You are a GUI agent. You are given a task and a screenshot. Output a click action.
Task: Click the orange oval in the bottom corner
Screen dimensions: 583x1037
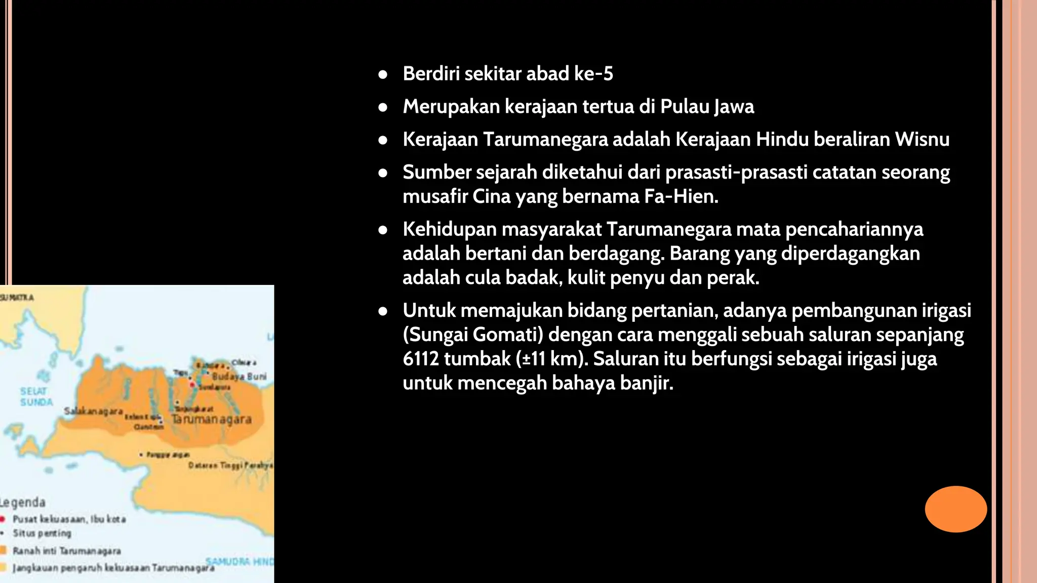tap(955, 509)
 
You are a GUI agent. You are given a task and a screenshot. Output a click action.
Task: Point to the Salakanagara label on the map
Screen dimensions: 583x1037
tap(93, 411)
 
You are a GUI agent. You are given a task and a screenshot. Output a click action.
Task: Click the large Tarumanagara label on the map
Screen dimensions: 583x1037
tap(212, 420)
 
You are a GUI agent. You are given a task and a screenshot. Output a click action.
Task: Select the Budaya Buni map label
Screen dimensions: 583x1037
tap(239, 377)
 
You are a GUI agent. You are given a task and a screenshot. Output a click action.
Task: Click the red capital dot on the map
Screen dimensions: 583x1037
tap(192, 385)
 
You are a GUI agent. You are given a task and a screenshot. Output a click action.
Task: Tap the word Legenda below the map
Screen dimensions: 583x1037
tap(23, 503)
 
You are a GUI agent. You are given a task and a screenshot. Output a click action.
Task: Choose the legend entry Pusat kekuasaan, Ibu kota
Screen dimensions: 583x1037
tap(69, 519)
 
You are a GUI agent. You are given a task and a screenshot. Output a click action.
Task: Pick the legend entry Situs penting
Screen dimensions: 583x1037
tap(42, 533)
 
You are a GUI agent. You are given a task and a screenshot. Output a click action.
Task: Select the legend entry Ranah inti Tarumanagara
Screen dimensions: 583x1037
tap(66, 551)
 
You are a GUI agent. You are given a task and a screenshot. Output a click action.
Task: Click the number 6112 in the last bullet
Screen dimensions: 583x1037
tap(420, 359)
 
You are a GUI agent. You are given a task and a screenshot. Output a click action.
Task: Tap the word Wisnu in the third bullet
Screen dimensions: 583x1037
tap(922, 139)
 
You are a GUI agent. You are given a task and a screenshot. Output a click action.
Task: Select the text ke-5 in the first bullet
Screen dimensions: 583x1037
tap(593, 74)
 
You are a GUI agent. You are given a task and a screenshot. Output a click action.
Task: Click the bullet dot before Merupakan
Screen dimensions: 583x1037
tap(383, 107)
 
